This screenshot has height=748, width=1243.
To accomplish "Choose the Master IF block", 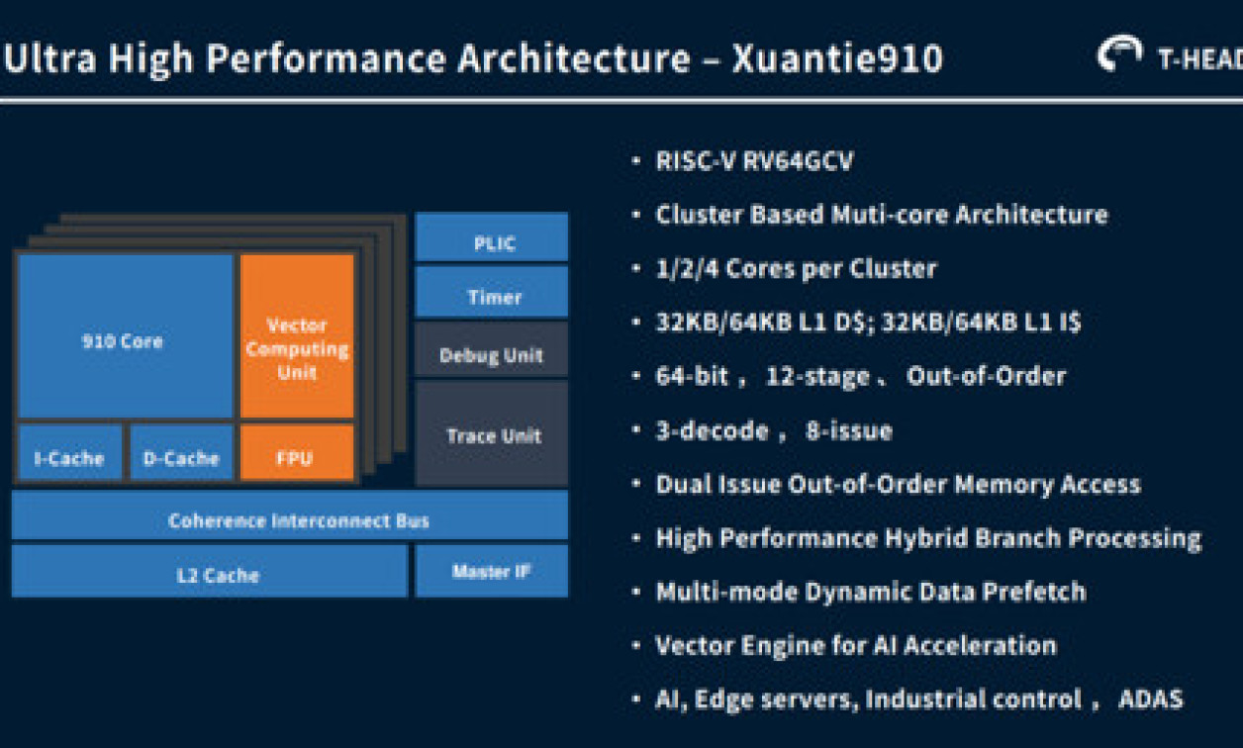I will point(492,571).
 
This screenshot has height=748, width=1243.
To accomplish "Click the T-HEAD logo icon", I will point(1120,55).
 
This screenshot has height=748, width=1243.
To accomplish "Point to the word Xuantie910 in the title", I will point(837,59).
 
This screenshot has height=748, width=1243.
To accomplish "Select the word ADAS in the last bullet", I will point(1150,699).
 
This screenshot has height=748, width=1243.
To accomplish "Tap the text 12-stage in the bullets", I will point(818,376).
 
